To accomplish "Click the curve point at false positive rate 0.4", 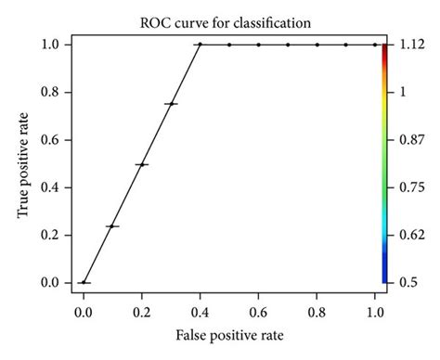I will pyautogui.click(x=200, y=44).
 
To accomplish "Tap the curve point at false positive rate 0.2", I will pyautogui.click(x=142, y=164).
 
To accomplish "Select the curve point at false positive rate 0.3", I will pyautogui.click(x=171, y=104).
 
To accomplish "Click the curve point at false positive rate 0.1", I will pyautogui.click(x=112, y=225).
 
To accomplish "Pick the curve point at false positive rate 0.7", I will pyautogui.click(x=288, y=44).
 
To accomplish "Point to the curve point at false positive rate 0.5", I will pyautogui.click(x=229, y=44).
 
